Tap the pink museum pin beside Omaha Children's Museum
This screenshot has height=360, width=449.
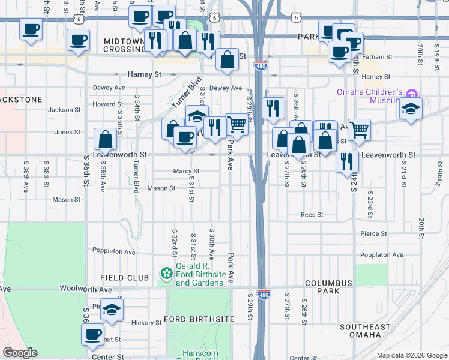411,94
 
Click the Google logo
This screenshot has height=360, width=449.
20,353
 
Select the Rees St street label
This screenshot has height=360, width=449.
312,214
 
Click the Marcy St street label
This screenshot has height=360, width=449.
186,171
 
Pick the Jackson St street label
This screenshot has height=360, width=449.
64,110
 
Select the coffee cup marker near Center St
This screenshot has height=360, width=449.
93,335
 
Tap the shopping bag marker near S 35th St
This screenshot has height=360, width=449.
105,139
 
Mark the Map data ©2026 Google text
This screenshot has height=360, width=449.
411,355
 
